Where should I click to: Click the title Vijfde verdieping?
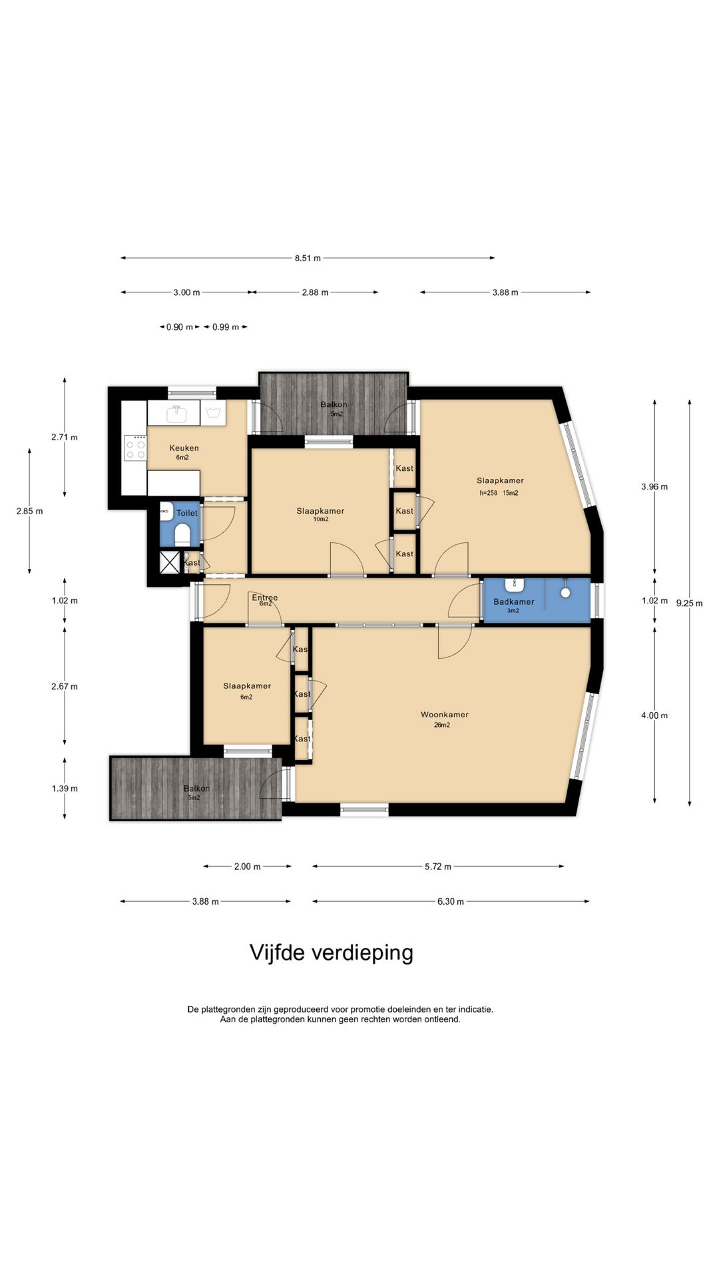pos(332,953)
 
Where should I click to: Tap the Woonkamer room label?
pos(445,715)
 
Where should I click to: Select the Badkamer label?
pos(514,602)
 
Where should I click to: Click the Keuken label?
pos(184,448)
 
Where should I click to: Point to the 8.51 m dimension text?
pos(308,258)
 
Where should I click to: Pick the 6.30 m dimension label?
pos(450,901)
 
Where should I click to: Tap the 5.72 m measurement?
pos(438,867)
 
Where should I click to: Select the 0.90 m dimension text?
pos(180,327)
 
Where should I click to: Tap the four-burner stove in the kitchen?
pos(136,446)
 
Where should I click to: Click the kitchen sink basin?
pos(176,414)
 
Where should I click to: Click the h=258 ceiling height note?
pos(489,494)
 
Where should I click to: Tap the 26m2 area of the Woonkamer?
pos(442,725)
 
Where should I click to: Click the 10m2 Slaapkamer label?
pos(320,520)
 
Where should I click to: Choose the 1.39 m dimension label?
pos(65,789)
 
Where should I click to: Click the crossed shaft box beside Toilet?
pos(170,562)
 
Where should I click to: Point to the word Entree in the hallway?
pos(265,598)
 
